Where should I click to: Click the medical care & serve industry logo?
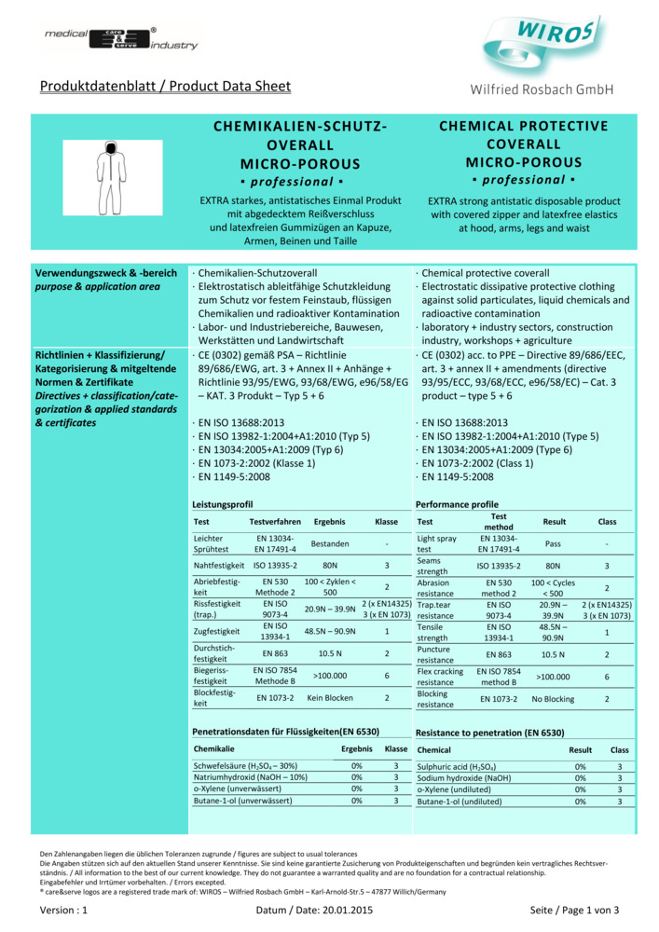[121, 38]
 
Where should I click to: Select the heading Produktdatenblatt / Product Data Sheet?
[165, 87]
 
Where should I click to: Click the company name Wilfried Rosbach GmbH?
[543, 89]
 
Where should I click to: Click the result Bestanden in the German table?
[330, 544]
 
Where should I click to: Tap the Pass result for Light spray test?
[553, 544]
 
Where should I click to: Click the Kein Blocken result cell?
[330, 697]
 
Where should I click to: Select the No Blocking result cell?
[553, 697]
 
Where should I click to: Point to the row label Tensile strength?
[435, 632]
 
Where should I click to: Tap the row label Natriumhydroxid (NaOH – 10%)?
[250, 777]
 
